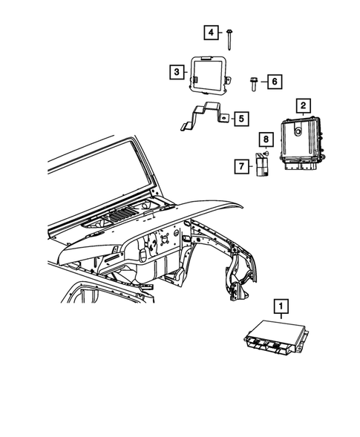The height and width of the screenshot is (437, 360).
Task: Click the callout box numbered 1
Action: pyautogui.click(x=281, y=305)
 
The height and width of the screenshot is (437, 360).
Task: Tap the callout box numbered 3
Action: pyautogui.click(x=176, y=72)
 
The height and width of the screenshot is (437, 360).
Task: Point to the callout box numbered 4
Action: pyautogui.click(x=211, y=32)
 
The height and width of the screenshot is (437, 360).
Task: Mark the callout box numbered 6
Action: pyautogui.click(x=273, y=81)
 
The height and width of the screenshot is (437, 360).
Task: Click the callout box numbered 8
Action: pyautogui.click(x=264, y=139)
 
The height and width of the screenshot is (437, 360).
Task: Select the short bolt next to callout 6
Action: pyautogui.click(x=254, y=81)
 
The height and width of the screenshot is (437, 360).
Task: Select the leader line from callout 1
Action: pyautogui.click(x=281, y=317)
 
